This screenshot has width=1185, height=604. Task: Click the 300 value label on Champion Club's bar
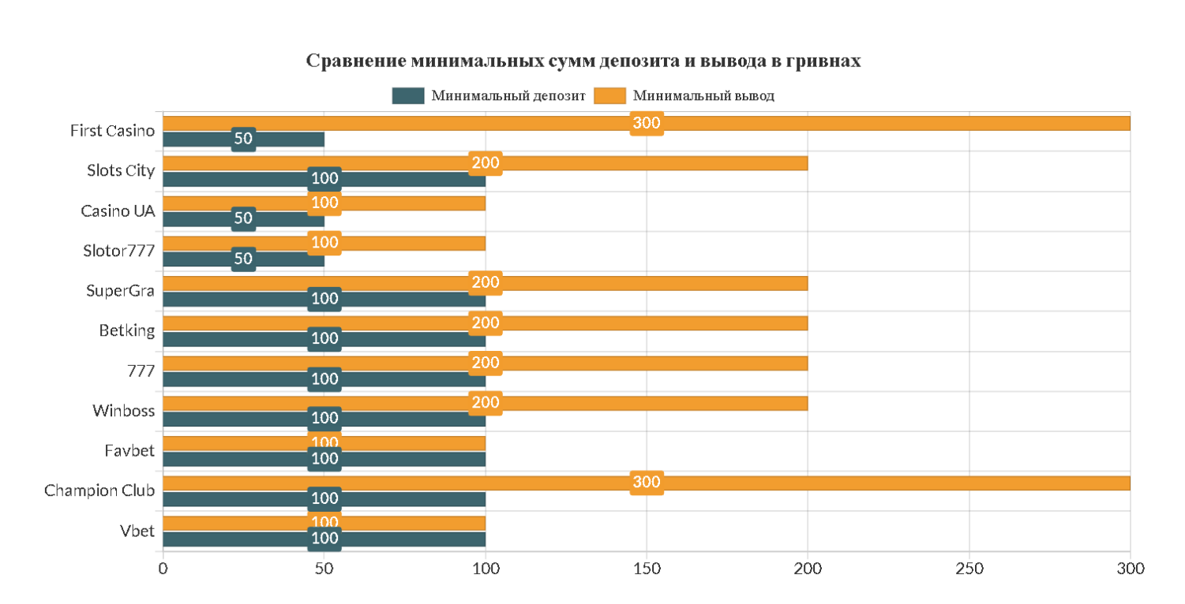click(x=647, y=483)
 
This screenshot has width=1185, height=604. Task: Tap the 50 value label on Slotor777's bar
click(x=243, y=259)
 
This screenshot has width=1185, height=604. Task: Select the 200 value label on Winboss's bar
click(x=486, y=403)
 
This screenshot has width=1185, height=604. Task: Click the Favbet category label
click(x=129, y=451)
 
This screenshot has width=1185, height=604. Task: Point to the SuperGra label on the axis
click(x=120, y=291)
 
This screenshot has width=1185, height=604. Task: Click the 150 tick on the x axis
click(x=647, y=569)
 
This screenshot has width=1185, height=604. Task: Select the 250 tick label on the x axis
click(x=969, y=569)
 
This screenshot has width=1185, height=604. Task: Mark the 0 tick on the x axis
click(x=163, y=569)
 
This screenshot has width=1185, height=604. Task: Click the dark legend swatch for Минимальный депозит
click(x=408, y=96)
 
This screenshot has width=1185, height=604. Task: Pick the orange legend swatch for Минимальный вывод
click(x=609, y=96)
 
